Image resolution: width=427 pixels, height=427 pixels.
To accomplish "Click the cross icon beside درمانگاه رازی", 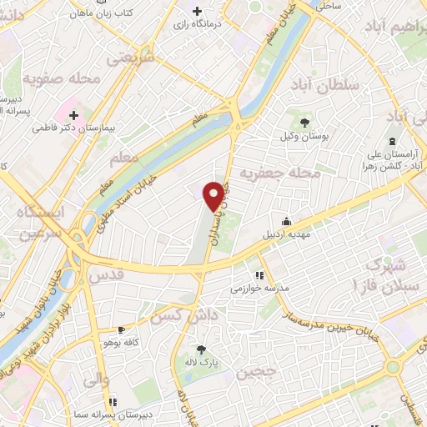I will tap(197, 11).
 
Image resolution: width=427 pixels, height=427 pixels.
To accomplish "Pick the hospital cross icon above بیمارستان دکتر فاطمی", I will tap(73, 115).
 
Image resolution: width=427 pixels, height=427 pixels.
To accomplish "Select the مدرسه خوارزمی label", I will tap(259, 288).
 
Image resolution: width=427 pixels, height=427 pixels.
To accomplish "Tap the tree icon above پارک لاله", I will tap(200, 350).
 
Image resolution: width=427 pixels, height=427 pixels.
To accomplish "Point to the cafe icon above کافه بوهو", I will tap(122, 330).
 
